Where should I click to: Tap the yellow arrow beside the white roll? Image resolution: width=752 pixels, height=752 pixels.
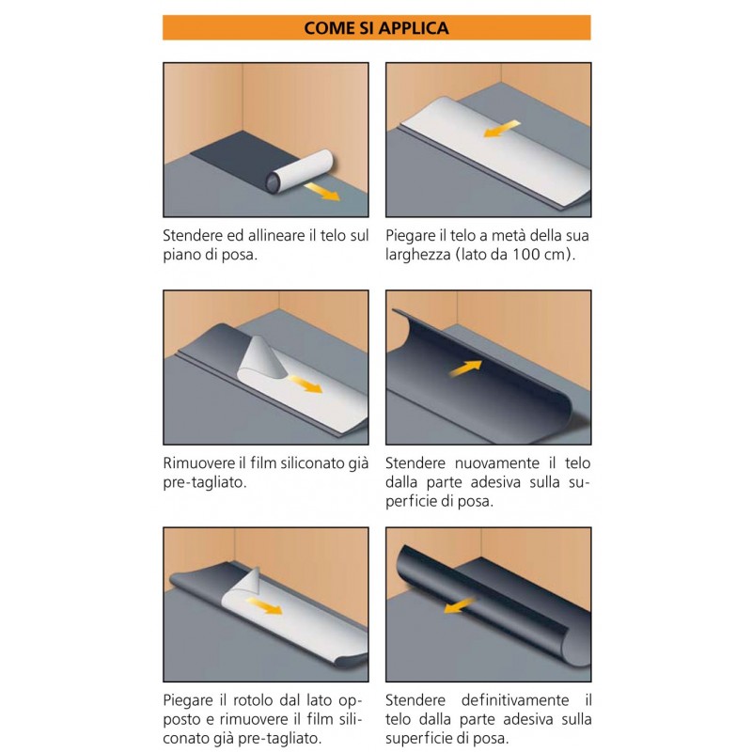tap(321, 191)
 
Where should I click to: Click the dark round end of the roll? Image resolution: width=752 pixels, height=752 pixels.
tap(274, 182)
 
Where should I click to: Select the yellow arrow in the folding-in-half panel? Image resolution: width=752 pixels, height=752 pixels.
tap(502, 129)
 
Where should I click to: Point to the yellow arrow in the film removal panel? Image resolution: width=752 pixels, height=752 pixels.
tap(305, 384)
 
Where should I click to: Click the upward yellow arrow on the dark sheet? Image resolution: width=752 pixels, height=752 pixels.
tap(465, 368)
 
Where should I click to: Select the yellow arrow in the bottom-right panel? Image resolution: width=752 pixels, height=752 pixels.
tap(459, 605)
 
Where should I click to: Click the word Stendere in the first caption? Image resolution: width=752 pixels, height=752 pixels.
tap(193, 236)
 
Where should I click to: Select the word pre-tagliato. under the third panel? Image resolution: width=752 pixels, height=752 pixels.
tap(205, 482)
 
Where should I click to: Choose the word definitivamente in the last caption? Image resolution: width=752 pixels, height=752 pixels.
tap(515, 700)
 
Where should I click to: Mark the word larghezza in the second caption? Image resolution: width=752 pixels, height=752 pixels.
tap(415, 255)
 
